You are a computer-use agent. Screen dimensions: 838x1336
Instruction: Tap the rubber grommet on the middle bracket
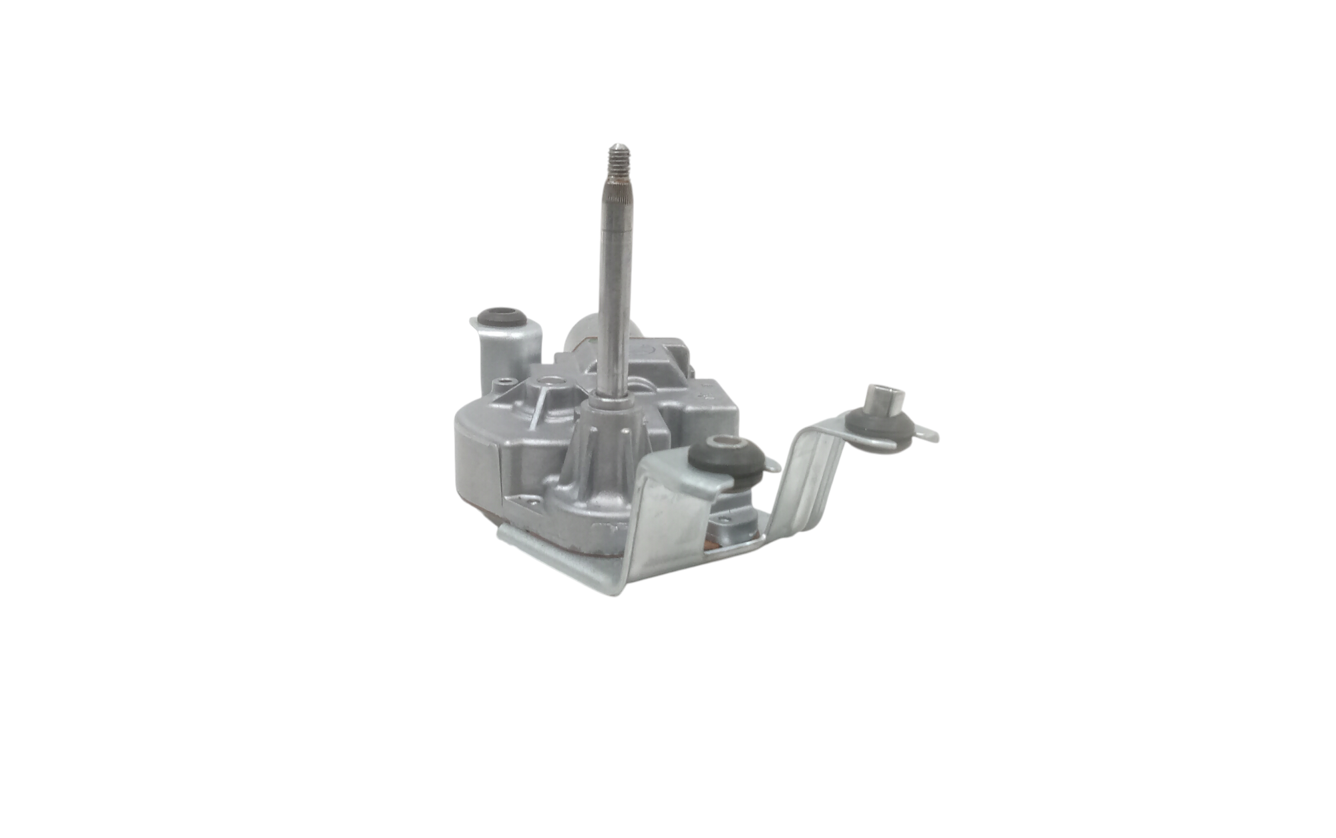coord(726,454)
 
